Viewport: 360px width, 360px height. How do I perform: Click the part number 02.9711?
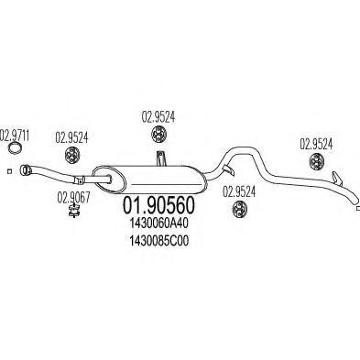(17, 135)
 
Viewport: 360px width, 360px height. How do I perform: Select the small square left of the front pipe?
(9, 171)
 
